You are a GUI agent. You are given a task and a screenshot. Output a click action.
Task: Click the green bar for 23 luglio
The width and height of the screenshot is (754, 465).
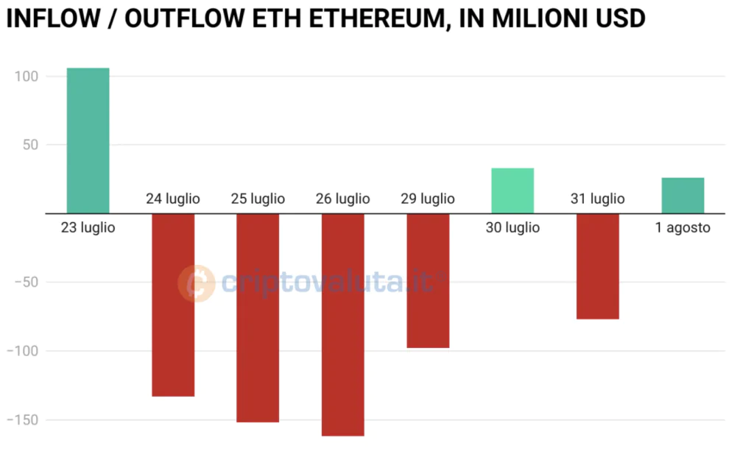88,141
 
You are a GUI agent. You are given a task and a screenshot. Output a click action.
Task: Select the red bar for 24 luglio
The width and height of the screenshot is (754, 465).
173,305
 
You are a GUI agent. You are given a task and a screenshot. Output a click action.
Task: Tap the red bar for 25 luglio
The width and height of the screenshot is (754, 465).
258,317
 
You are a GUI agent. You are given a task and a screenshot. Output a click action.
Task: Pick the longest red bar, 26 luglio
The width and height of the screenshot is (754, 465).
343,324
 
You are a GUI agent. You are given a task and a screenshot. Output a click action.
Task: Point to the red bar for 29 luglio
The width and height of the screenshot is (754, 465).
428,280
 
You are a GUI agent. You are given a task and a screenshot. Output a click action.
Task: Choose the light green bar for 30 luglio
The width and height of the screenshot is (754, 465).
512,191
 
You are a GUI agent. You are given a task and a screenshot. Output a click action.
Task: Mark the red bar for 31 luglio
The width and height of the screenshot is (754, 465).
597,266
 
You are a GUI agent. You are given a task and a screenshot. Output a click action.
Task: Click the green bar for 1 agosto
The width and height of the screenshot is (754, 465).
683,195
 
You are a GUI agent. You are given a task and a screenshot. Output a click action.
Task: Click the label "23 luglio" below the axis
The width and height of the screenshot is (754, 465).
88,228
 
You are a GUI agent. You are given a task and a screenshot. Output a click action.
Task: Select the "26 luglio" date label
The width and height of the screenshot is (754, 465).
343,199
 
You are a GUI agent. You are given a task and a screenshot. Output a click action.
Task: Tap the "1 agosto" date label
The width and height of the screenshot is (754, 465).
683,228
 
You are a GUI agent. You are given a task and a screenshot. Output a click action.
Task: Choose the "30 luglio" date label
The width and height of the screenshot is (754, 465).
512,228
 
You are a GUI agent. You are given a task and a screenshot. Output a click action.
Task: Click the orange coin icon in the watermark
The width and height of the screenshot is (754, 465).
197,284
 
